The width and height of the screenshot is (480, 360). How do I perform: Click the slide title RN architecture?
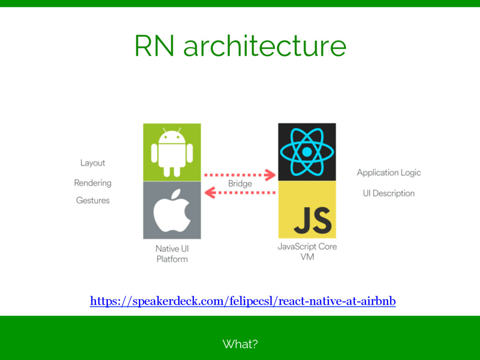click(240, 46)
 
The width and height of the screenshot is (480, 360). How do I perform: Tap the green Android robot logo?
click(172, 152)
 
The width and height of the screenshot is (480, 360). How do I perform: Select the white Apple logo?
click(172, 211)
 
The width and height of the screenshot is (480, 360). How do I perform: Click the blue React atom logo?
click(307, 152)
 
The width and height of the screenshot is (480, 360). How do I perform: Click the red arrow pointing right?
click(240, 175)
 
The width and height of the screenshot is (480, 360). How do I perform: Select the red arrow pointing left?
click(240, 192)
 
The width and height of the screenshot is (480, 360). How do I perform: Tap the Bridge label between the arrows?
click(240, 184)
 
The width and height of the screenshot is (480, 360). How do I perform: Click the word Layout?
click(92, 163)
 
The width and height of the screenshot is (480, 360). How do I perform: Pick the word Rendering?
click(92, 183)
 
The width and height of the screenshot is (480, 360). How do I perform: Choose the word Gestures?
click(92, 201)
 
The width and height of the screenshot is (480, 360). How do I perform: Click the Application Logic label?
click(389, 172)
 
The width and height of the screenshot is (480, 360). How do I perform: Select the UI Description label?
click(389, 193)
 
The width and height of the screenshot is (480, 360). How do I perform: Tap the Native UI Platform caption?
click(172, 254)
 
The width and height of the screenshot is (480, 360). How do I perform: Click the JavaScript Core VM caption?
click(307, 252)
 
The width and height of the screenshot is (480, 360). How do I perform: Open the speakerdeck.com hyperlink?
click(243, 301)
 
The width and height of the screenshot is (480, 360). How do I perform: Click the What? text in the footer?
click(240, 345)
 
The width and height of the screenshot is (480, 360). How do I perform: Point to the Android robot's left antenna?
click(164, 130)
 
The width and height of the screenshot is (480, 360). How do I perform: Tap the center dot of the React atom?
click(307, 152)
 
